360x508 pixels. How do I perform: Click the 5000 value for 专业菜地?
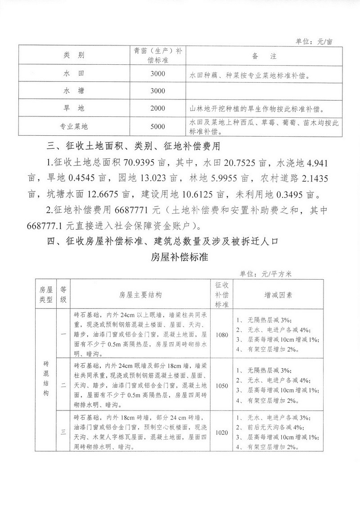158,127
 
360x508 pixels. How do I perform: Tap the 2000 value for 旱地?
158,108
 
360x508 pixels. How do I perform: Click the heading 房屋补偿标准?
179,258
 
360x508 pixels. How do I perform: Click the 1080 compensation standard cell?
222,335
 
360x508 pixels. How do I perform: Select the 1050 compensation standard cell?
222,386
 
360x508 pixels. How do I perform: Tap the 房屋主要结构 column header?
140,295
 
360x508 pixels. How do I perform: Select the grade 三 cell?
63,432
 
